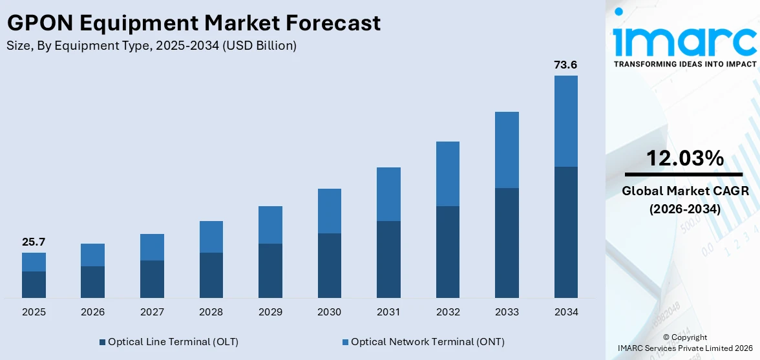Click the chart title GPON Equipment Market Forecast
tap(194, 24)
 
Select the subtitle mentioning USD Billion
tap(151, 46)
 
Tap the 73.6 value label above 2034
tap(565, 65)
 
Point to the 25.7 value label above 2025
tap(34, 242)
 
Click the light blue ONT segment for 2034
tap(565, 121)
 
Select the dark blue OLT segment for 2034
tap(565, 232)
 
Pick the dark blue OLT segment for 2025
tap(34, 284)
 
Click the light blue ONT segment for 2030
tap(329, 211)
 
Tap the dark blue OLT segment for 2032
tap(447, 251)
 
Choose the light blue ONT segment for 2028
tap(211, 237)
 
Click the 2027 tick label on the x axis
tap(152, 312)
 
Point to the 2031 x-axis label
tap(388, 312)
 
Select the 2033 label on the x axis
tap(507, 312)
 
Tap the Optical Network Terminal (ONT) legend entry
tap(423, 341)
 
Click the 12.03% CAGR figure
tap(685, 158)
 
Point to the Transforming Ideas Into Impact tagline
tap(684, 64)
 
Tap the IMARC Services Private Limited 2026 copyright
tap(684, 348)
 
